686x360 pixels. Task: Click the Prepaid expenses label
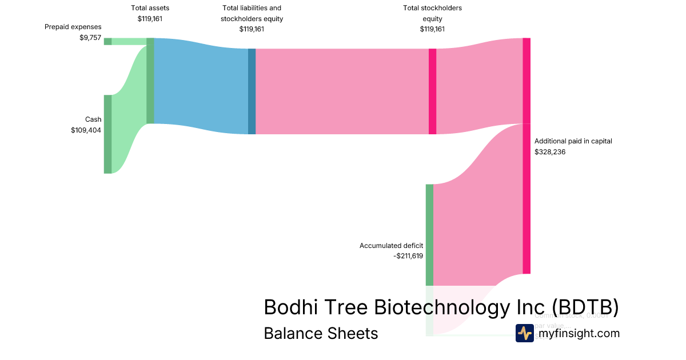(73, 27)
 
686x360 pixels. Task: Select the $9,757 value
(90, 38)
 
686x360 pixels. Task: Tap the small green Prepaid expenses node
(107, 41)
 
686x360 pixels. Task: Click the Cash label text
(93, 119)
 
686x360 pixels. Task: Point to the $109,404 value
(86, 130)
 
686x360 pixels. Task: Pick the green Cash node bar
(107, 134)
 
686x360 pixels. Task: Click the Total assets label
(150, 8)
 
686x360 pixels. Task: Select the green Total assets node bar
(150, 81)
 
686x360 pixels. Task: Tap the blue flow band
(201, 86)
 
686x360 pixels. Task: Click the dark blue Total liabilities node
(252, 91)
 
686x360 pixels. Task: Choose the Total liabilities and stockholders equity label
(252, 13)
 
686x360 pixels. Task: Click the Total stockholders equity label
(432, 13)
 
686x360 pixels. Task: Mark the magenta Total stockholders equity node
(432, 91)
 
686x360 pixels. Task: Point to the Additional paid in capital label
(573, 141)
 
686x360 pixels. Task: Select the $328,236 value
(550, 152)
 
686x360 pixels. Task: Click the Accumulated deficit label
(391, 246)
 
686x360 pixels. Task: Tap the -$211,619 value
(408, 256)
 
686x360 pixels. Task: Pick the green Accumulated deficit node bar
(429, 234)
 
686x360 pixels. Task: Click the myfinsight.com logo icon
(524, 333)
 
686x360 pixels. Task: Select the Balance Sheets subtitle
(321, 333)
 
